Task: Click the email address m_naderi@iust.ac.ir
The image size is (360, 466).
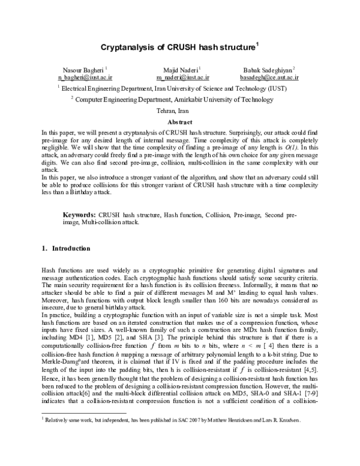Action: (182, 77)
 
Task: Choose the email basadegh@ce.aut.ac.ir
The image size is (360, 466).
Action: (275, 77)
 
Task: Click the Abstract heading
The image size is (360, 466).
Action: (179, 121)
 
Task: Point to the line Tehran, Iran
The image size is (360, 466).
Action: (179, 111)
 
